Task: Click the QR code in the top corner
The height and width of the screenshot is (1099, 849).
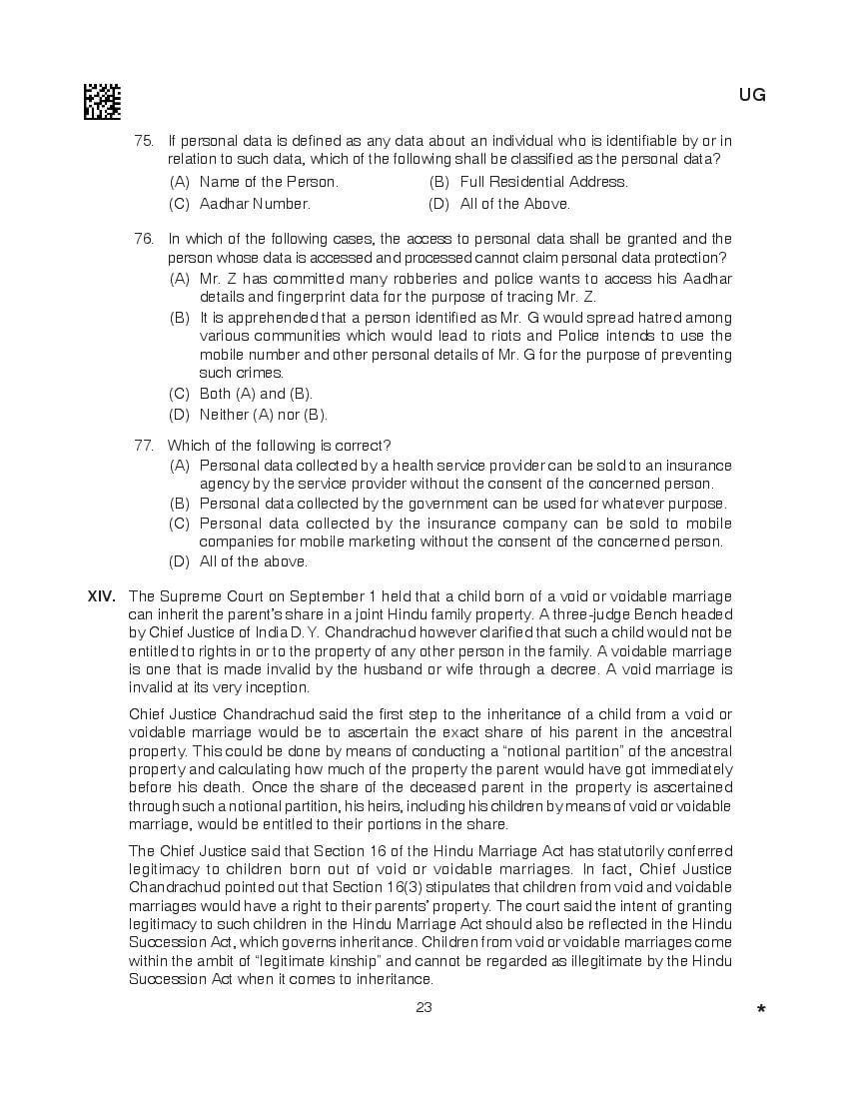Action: (x=102, y=101)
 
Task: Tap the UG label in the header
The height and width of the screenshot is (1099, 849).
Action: (x=752, y=96)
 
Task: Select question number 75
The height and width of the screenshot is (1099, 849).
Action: (x=144, y=141)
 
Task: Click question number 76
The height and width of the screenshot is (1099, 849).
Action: (x=144, y=239)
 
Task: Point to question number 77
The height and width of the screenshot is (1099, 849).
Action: (x=144, y=446)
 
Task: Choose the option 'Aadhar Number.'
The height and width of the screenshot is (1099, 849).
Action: (x=255, y=204)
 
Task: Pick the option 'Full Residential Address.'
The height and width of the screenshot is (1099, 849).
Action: (x=543, y=182)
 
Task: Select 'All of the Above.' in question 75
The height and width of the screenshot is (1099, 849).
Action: (x=514, y=204)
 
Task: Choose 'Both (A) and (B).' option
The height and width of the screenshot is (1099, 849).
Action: (x=256, y=394)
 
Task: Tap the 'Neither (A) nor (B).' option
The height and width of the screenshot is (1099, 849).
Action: (x=263, y=415)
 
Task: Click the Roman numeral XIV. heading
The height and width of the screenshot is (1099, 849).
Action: (x=102, y=596)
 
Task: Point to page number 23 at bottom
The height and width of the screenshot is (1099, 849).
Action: (x=424, y=1007)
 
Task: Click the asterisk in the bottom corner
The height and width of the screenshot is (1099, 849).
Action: (x=761, y=1010)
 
